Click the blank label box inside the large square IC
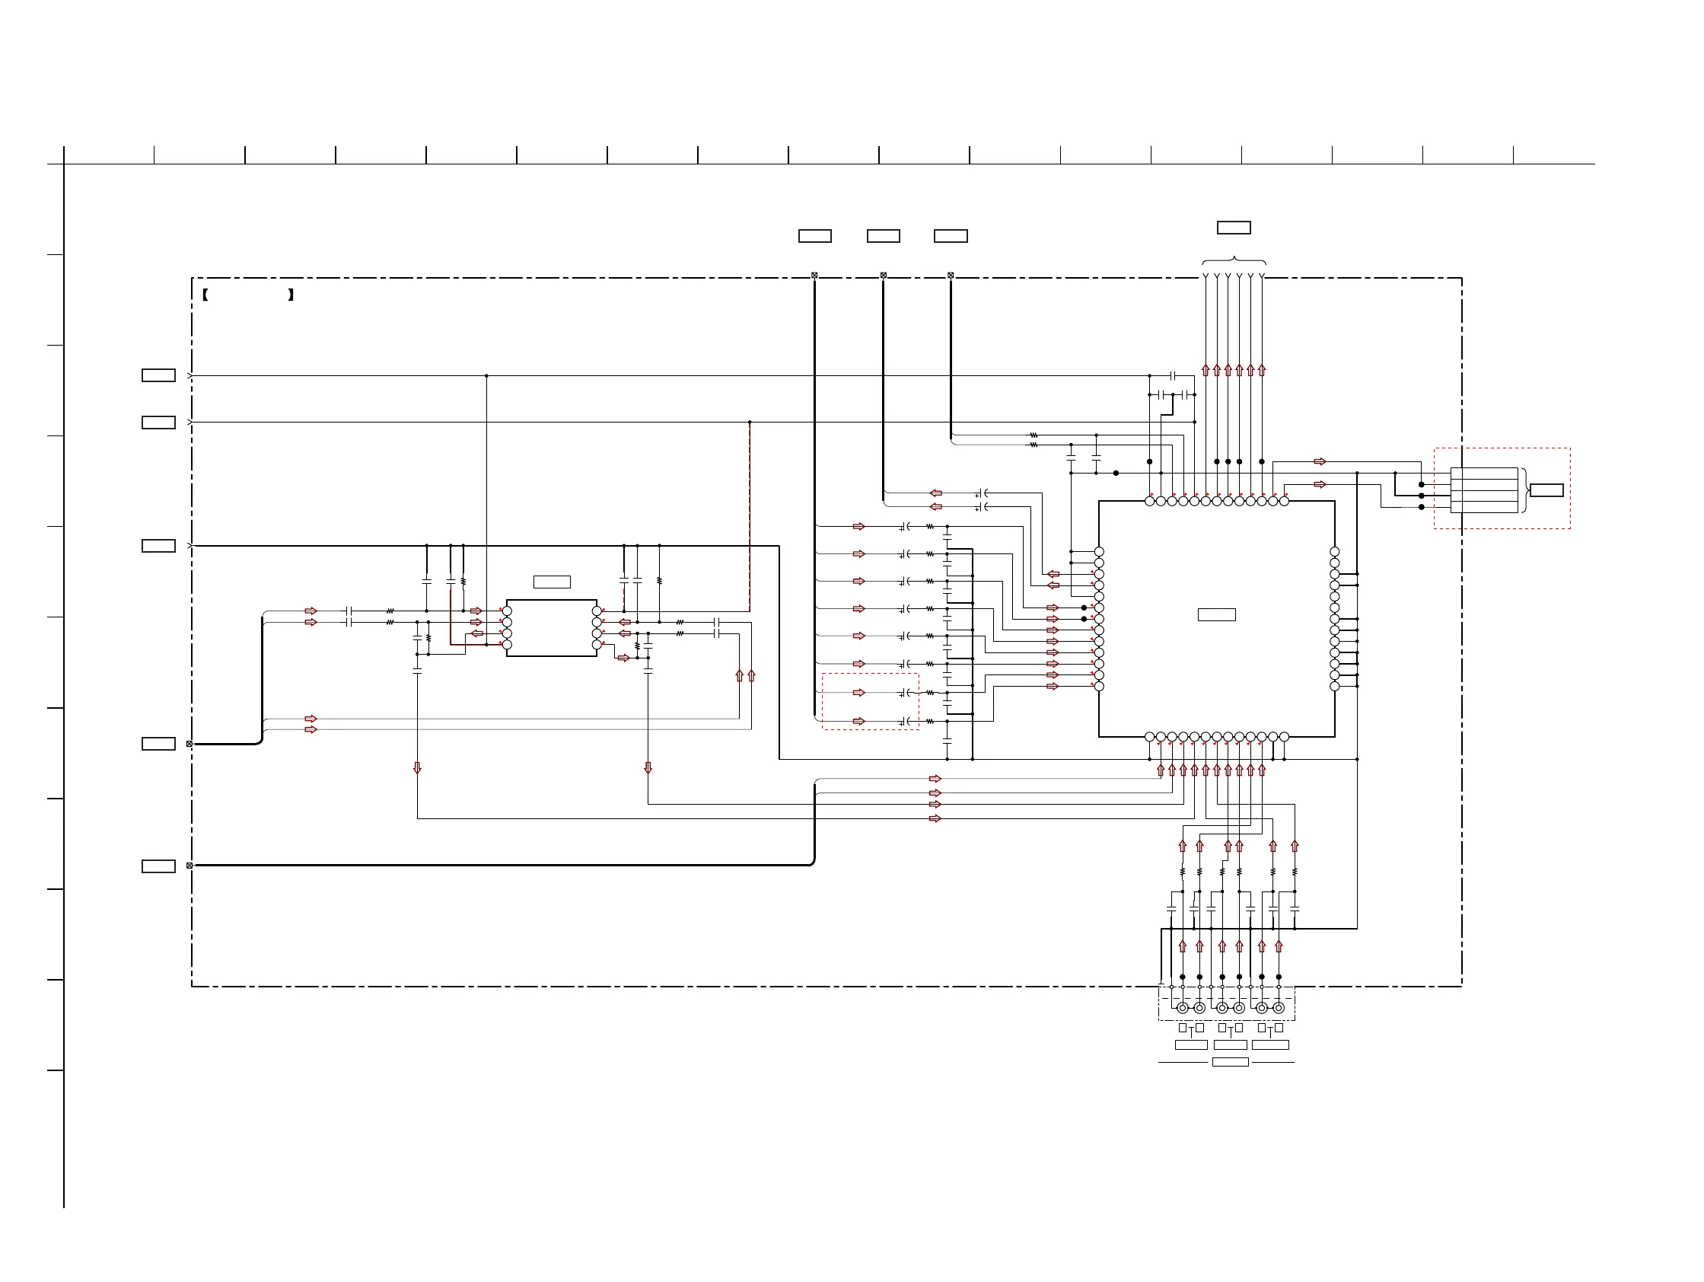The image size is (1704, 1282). (x=1216, y=615)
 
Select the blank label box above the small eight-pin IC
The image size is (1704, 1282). (x=552, y=582)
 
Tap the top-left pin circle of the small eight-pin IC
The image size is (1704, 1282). (x=507, y=611)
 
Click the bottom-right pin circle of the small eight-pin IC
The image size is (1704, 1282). (x=597, y=645)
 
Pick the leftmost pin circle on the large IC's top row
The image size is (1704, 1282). (x=1149, y=501)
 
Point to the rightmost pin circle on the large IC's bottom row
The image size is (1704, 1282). (x=1284, y=738)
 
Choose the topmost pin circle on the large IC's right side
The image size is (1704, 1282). (x=1334, y=552)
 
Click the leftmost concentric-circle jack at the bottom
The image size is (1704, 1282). (x=1183, y=1008)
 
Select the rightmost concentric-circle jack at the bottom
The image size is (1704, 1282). (x=1279, y=1008)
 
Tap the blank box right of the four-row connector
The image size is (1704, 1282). (x=1546, y=490)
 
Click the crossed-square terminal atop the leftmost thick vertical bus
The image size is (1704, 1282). (x=814, y=275)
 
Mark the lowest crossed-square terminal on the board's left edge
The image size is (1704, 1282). (x=190, y=865)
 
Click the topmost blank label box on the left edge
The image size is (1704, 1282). (x=159, y=375)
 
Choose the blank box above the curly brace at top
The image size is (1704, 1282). (x=1234, y=228)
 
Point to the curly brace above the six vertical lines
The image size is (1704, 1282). (x=1234, y=261)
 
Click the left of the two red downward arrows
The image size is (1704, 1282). (x=418, y=768)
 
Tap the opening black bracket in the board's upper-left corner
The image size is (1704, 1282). (x=205, y=295)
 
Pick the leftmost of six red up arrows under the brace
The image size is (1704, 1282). (x=1206, y=370)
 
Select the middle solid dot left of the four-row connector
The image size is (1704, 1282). (x=1422, y=496)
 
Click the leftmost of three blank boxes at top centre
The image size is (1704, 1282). (x=814, y=236)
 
